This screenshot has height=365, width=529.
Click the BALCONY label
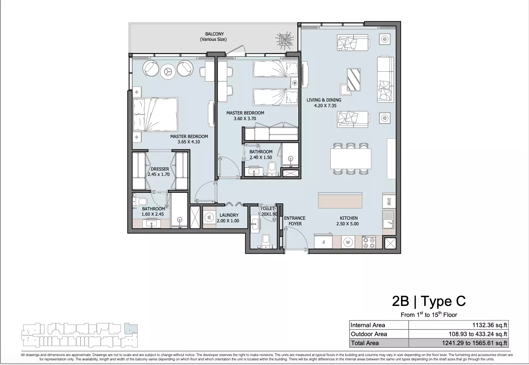(x=214, y=34)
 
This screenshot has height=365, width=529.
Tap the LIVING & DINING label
(x=324, y=100)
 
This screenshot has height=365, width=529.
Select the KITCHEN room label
(x=349, y=218)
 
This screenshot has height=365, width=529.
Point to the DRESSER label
(x=160, y=169)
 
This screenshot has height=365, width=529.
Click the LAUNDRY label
(x=229, y=215)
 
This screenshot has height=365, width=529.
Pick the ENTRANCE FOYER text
(x=295, y=221)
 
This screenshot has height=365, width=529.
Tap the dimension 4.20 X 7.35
(x=325, y=106)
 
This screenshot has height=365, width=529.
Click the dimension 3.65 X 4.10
(x=189, y=142)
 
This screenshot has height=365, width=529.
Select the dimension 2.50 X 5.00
(x=347, y=224)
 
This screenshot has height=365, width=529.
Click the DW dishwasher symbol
(x=389, y=202)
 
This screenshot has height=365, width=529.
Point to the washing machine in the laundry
(x=209, y=217)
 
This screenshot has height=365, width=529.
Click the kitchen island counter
(x=340, y=200)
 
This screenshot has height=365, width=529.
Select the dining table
(x=351, y=159)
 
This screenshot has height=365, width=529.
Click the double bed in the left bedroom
(x=155, y=114)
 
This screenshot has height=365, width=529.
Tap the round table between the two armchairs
(x=168, y=71)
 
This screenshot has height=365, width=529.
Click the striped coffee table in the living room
(x=354, y=80)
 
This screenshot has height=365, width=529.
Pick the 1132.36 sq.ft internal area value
(x=489, y=325)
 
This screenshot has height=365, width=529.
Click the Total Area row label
(x=365, y=343)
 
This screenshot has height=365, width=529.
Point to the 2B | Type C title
(x=429, y=301)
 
